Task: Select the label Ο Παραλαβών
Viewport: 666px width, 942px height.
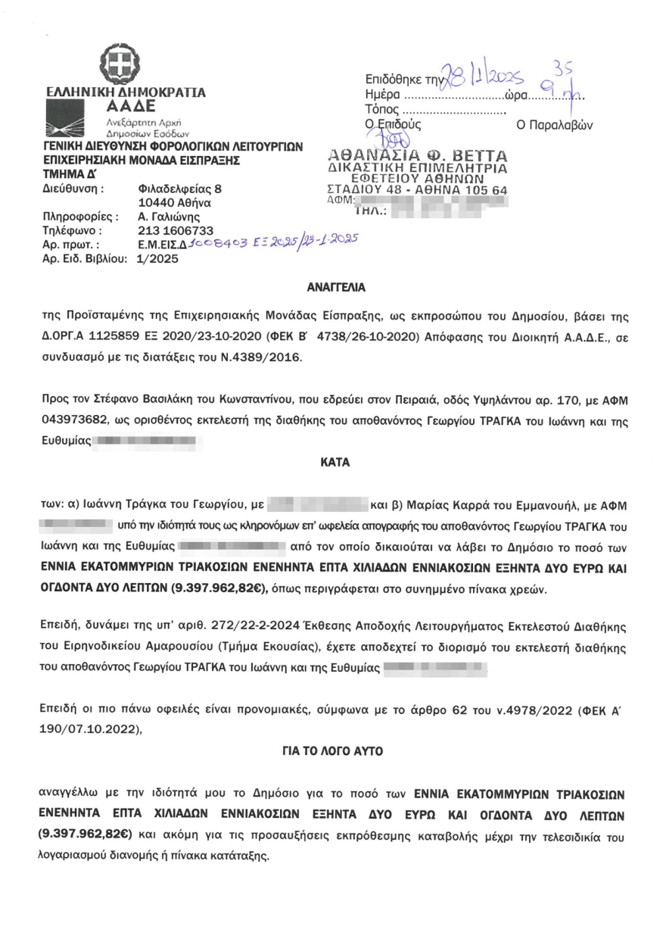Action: pos(554,124)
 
